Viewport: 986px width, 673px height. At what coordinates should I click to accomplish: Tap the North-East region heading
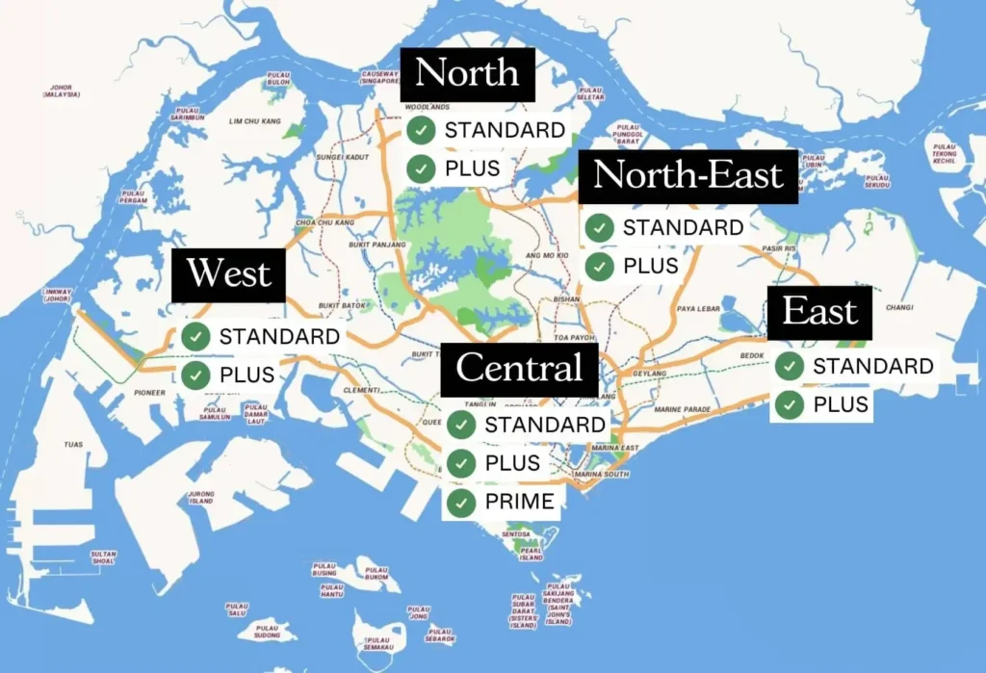[688, 176]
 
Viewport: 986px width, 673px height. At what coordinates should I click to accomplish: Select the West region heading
[229, 274]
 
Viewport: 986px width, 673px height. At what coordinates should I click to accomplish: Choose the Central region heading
[519, 368]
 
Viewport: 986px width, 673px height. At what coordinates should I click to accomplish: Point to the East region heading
[819, 313]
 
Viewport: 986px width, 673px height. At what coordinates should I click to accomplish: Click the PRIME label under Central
[520, 502]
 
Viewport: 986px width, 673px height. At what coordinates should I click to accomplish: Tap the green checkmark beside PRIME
[462, 502]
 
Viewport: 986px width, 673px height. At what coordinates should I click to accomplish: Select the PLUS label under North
[472, 168]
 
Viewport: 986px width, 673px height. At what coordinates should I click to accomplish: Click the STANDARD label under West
[279, 336]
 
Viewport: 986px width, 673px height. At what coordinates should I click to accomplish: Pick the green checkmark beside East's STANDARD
[791, 366]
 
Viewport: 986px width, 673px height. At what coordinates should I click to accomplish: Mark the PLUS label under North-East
[651, 266]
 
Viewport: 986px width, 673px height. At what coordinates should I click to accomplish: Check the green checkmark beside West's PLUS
[196, 375]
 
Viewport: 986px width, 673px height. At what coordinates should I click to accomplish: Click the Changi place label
[898, 308]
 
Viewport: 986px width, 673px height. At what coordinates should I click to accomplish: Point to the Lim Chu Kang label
[254, 122]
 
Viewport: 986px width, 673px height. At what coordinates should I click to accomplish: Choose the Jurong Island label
[200, 498]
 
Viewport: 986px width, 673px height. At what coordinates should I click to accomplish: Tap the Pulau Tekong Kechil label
[945, 155]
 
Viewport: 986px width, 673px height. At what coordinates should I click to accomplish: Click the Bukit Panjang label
[341, 244]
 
